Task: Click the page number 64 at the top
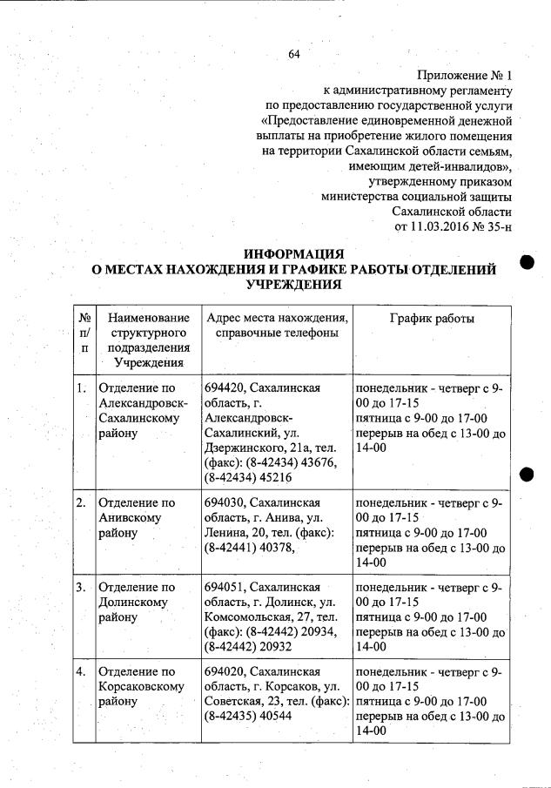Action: [x=293, y=55]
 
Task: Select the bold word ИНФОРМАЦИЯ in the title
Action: [x=294, y=254]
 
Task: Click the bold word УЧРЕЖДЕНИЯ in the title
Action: [x=294, y=285]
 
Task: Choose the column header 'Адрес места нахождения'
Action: [x=277, y=318]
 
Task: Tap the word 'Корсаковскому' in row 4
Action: [x=141, y=687]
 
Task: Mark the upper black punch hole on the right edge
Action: [x=526, y=262]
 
